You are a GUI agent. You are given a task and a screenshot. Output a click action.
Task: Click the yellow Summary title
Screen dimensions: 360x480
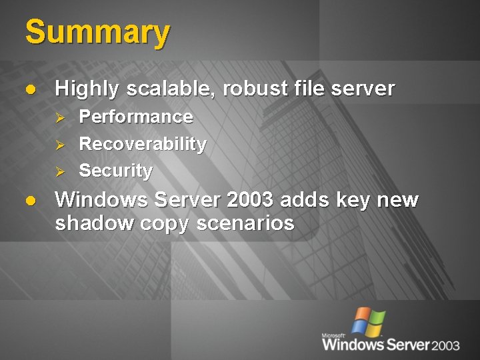tap(97, 33)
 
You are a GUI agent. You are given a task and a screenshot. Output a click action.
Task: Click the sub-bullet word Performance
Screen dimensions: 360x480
tap(136, 117)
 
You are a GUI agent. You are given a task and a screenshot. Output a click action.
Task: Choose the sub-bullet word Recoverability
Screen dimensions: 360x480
tap(143, 144)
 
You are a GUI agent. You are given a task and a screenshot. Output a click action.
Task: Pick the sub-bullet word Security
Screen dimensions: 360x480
tap(115, 171)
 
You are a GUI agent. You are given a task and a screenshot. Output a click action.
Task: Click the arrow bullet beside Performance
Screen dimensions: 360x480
tap(59, 118)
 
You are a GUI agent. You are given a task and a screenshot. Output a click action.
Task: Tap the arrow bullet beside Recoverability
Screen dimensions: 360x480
tap(59, 145)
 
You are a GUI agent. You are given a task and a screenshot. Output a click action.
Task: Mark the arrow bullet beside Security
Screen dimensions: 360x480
tap(59, 171)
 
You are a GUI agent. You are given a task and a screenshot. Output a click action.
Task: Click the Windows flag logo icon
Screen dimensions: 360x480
tap(368, 321)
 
